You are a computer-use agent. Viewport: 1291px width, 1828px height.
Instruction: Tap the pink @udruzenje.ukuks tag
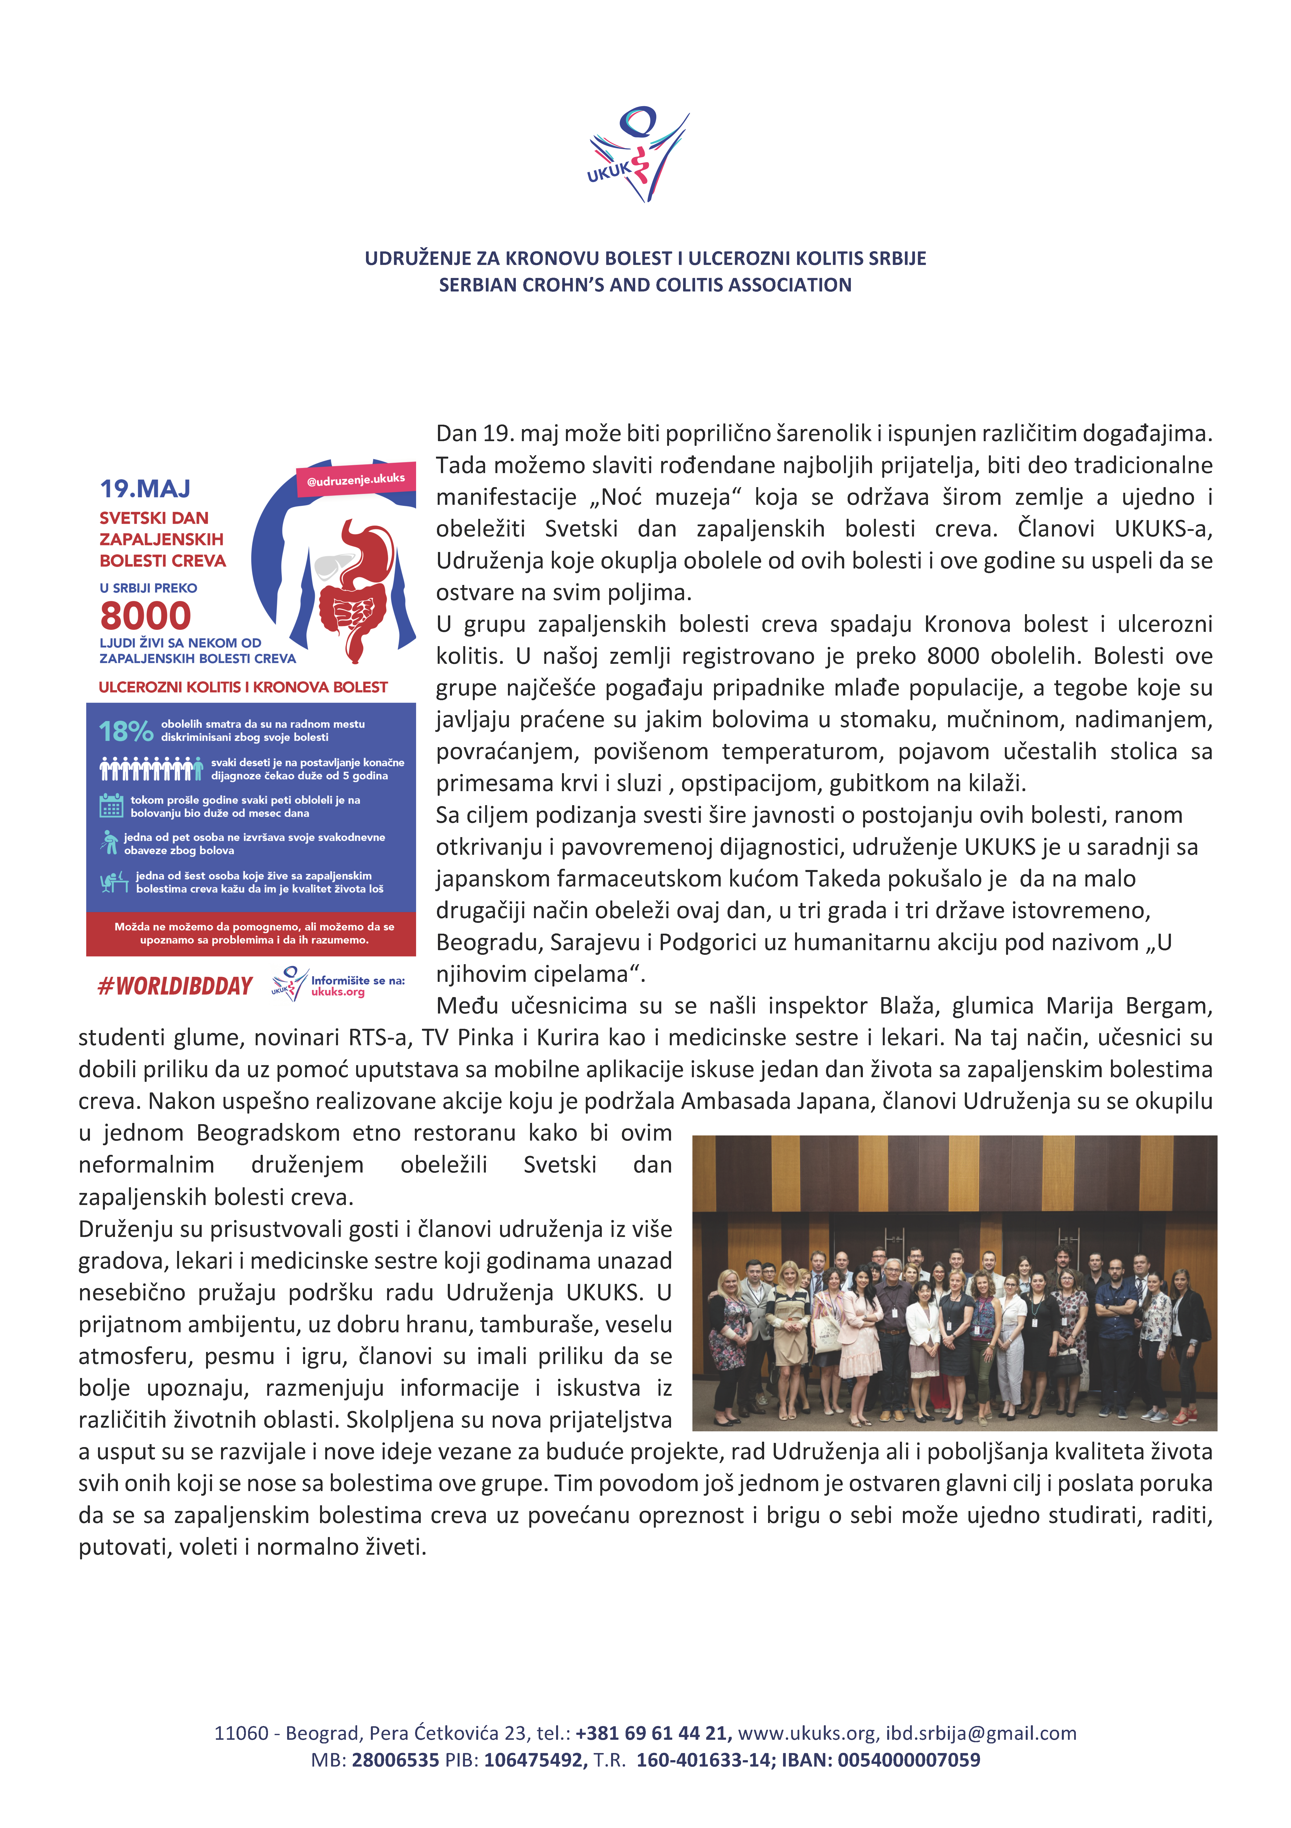tap(356, 479)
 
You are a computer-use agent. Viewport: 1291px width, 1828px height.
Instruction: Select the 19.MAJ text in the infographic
tap(145, 488)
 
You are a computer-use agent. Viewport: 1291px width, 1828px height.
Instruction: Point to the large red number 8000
tap(146, 615)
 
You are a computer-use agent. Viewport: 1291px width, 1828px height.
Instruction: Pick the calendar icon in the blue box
tap(111, 806)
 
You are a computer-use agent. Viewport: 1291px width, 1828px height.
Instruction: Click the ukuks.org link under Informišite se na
tap(337, 992)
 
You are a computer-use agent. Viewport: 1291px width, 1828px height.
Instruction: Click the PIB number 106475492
tap(534, 1759)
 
